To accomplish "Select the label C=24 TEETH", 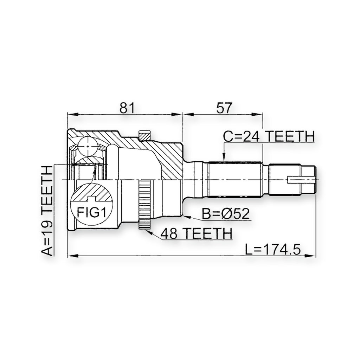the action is (269, 136).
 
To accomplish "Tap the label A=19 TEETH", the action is (47, 211).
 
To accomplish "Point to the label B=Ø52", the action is (225, 214).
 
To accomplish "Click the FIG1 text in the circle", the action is (91, 212).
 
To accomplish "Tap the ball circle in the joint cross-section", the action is (88, 146).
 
